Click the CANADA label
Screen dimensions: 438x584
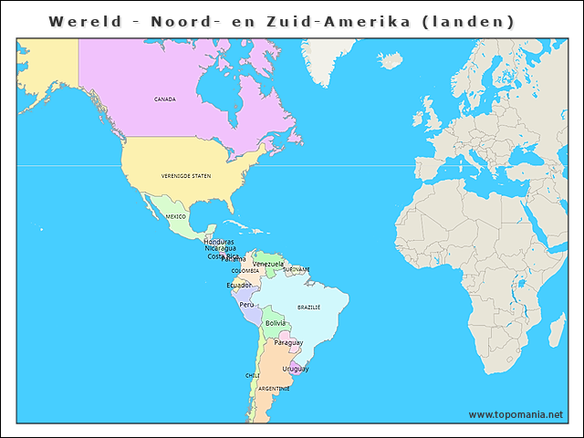tap(165, 99)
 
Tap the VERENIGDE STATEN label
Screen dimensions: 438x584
tap(186, 175)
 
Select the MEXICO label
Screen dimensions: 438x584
tap(175, 216)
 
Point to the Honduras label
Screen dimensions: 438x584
tap(219, 242)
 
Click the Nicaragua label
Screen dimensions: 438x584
tap(220, 248)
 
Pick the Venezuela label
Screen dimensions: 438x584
tap(268, 264)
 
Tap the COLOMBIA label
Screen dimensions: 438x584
tap(245, 271)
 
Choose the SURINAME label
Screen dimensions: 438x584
tap(297, 269)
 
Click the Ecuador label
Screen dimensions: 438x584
tap(239, 285)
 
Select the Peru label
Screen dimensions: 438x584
tap(247, 305)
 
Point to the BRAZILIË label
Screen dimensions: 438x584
tap(308, 308)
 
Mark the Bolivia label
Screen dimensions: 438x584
tap(276, 323)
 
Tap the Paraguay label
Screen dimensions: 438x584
tap(288, 342)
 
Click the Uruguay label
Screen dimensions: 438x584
tap(295, 369)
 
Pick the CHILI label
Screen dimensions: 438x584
tap(253, 375)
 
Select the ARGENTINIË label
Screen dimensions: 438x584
tap(274, 389)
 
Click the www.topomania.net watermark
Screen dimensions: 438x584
tap(516, 414)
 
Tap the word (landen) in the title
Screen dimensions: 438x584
tap(469, 21)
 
